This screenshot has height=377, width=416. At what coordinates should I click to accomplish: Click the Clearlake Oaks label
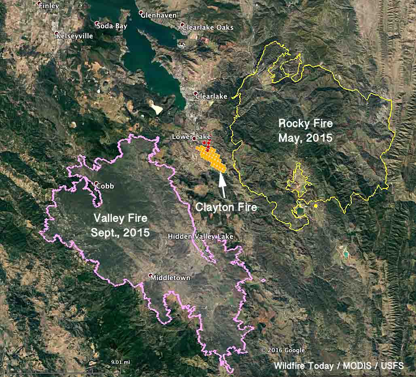[208, 28]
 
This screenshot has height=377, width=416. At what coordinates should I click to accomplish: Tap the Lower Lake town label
[191, 137]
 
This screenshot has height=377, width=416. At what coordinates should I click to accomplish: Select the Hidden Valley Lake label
[201, 236]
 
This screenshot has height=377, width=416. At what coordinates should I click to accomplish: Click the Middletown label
[170, 278]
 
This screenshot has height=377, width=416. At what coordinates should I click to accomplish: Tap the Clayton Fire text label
[226, 207]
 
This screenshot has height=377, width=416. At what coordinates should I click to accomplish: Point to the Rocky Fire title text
[306, 130]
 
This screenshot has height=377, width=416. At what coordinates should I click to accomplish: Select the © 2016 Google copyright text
[283, 350]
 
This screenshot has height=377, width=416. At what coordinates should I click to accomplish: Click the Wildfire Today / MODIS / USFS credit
[339, 366]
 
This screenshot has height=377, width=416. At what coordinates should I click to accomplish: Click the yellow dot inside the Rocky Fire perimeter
[315, 206]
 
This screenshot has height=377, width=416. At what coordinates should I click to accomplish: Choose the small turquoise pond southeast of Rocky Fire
[346, 254]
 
